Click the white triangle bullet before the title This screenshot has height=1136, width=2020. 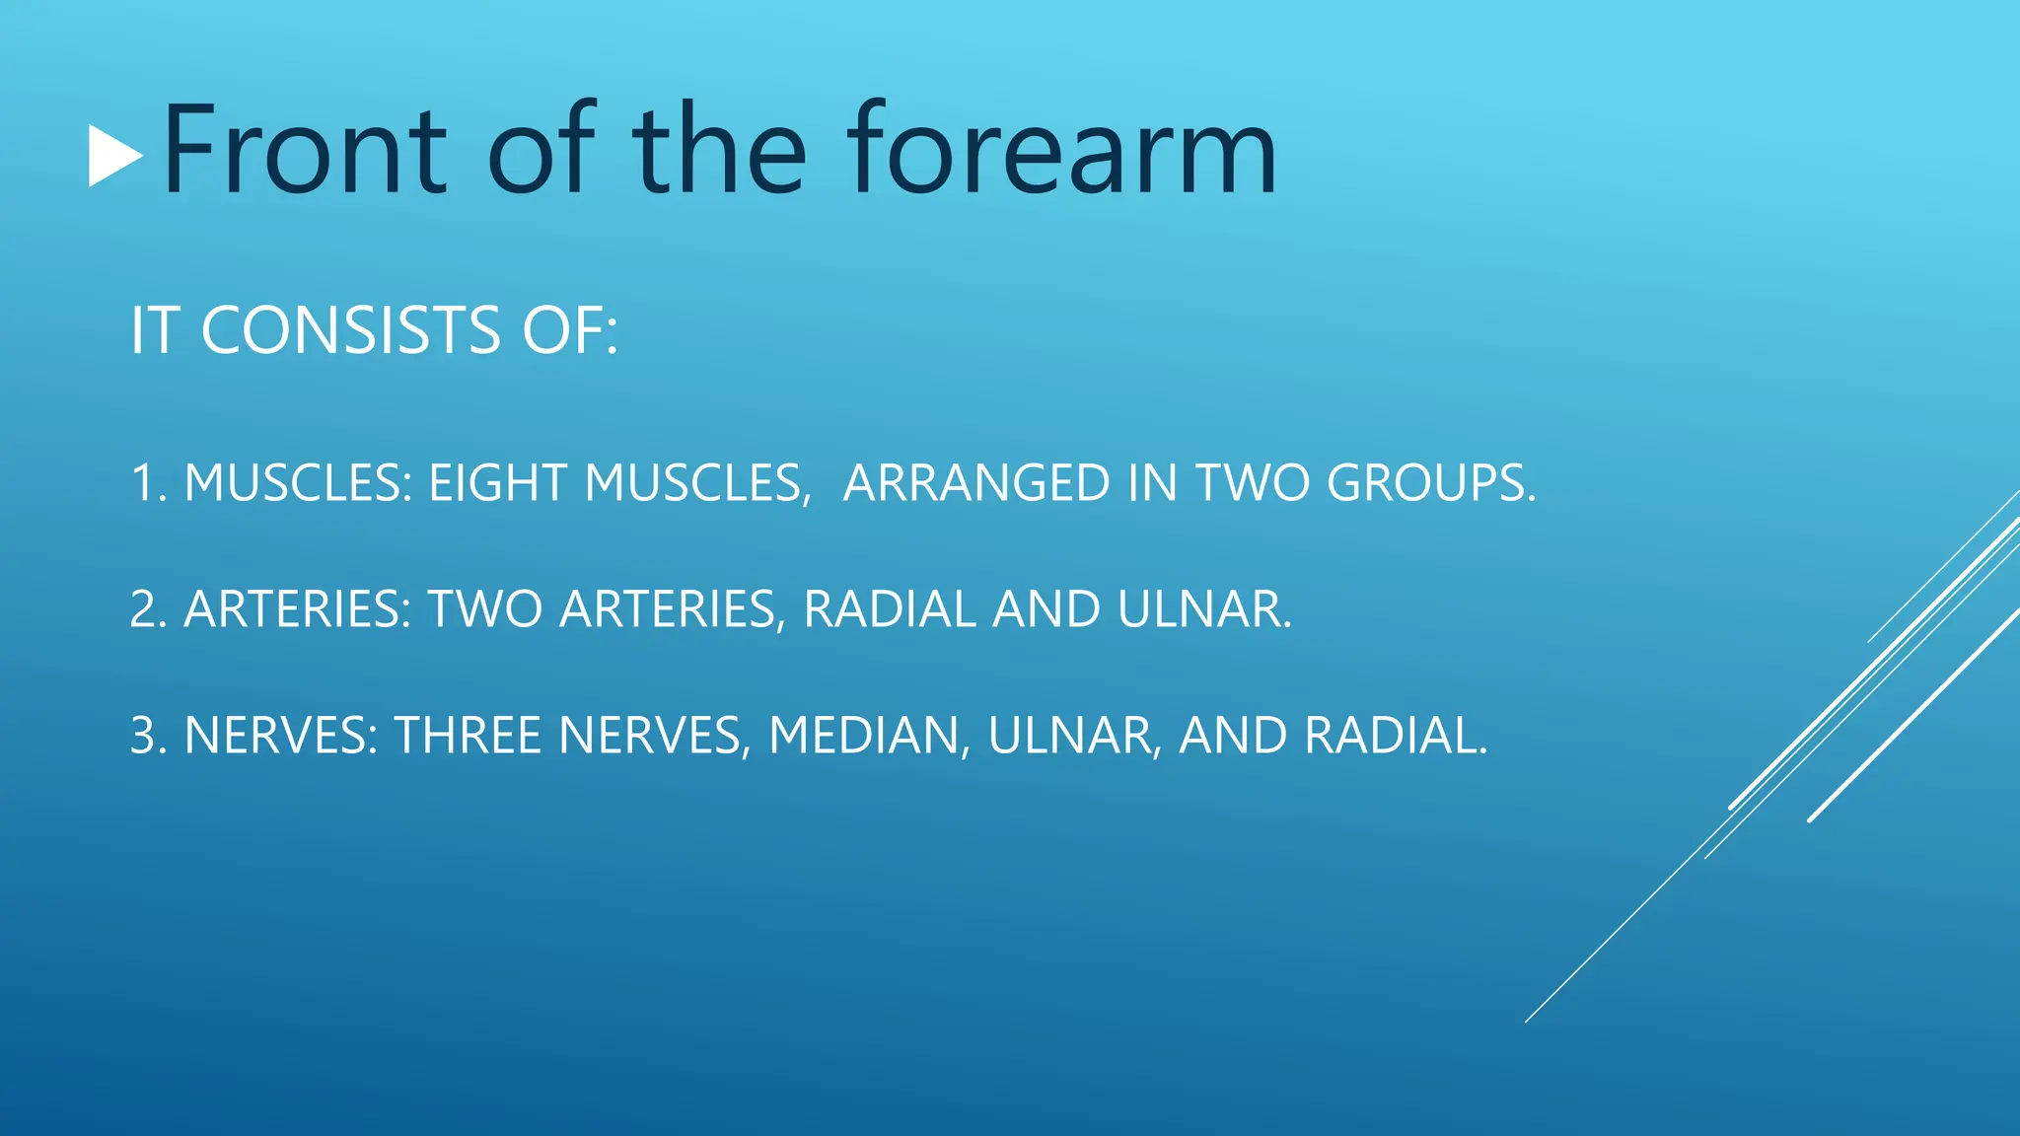pyautogui.click(x=114, y=155)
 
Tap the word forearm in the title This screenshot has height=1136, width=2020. pyautogui.click(x=1062, y=150)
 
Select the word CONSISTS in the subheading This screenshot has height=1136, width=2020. pyautogui.click(x=351, y=330)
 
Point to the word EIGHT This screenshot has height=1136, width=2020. pyautogui.click(x=497, y=484)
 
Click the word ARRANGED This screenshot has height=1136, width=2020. pyautogui.click(x=976, y=484)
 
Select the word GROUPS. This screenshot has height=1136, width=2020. pyautogui.click(x=1430, y=484)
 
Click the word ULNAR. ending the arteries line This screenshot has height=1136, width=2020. pyautogui.click(x=1203, y=609)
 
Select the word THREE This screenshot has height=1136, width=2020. pyautogui.click(x=468, y=736)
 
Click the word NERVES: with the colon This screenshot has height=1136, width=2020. pyautogui.click(x=281, y=736)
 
